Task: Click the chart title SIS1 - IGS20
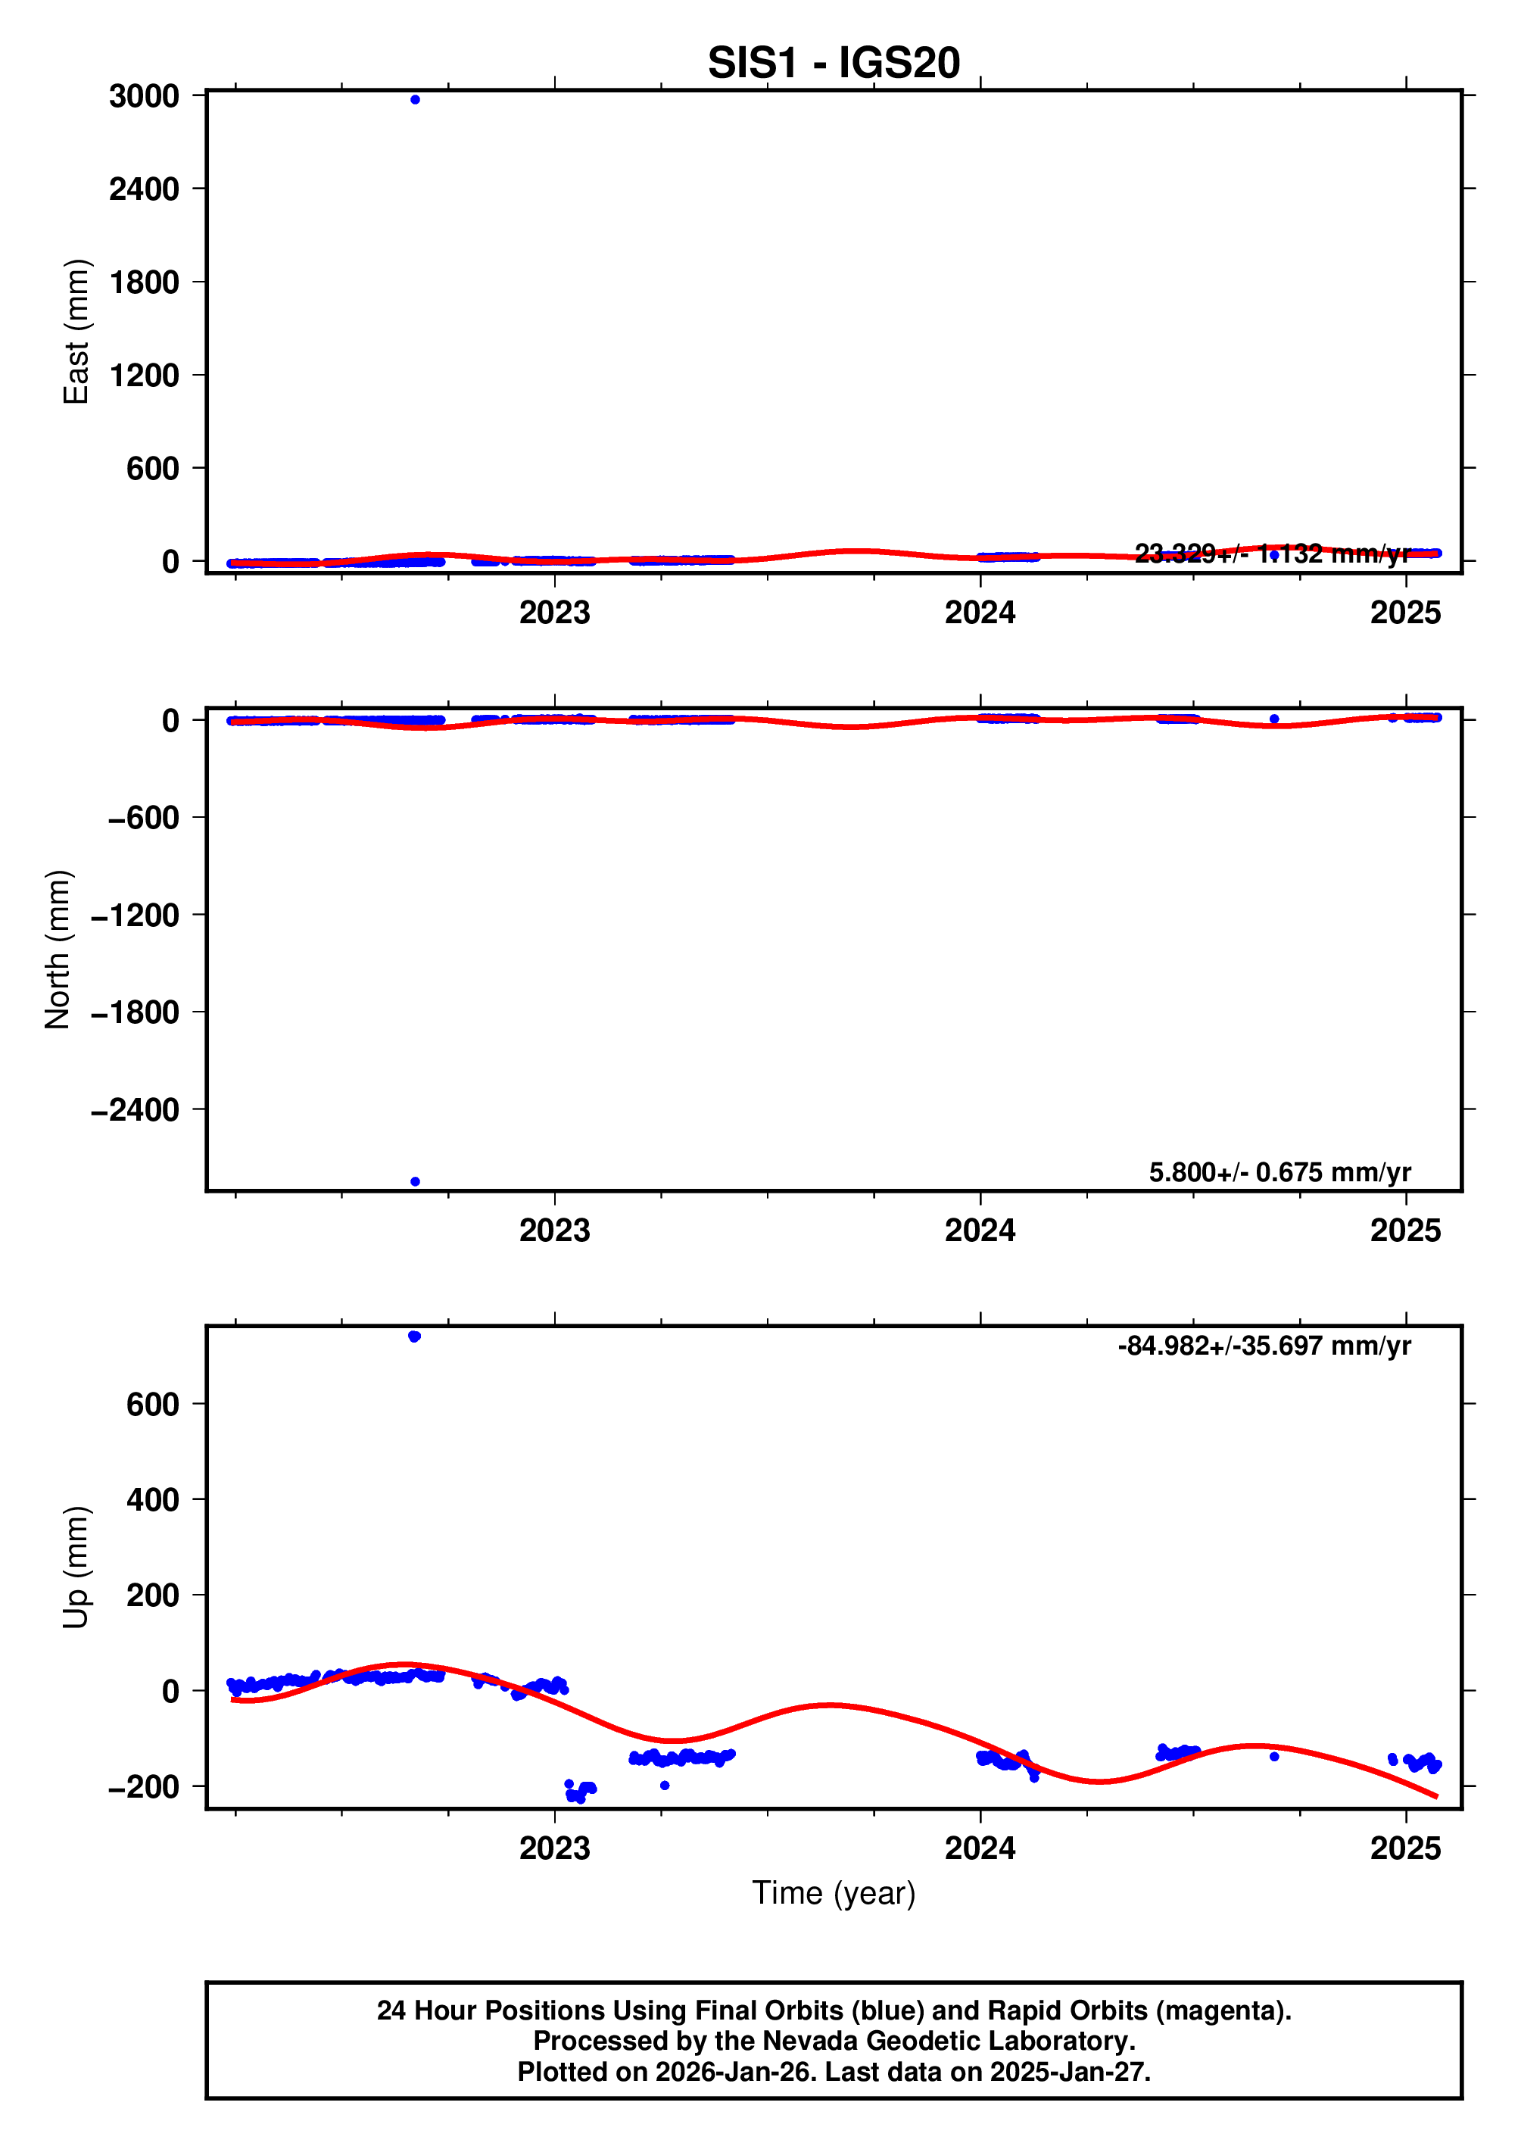pyautogui.click(x=833, y=63)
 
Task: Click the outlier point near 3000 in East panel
pyautogui.click(x=415, y=99)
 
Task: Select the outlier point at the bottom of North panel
pyautogui.click(x=415, y=1181)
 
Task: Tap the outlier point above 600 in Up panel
pyautogui.click(x=415, y=1336)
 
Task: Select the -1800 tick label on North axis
pyautogui.click(x=135, y=1012)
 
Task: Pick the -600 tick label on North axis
pyautogui.click(x=143, y=818)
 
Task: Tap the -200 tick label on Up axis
pyautogui.click(x=143, y=1786)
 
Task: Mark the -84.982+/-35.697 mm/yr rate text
pyautogui.click(x=1264, y=1346)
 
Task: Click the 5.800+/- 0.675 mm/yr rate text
pyautogui.click(x=1279, y=1172)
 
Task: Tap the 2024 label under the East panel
pyautogui.click(x=980, y=613)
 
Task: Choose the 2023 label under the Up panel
pyautogui.click(x=554, y=1848)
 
